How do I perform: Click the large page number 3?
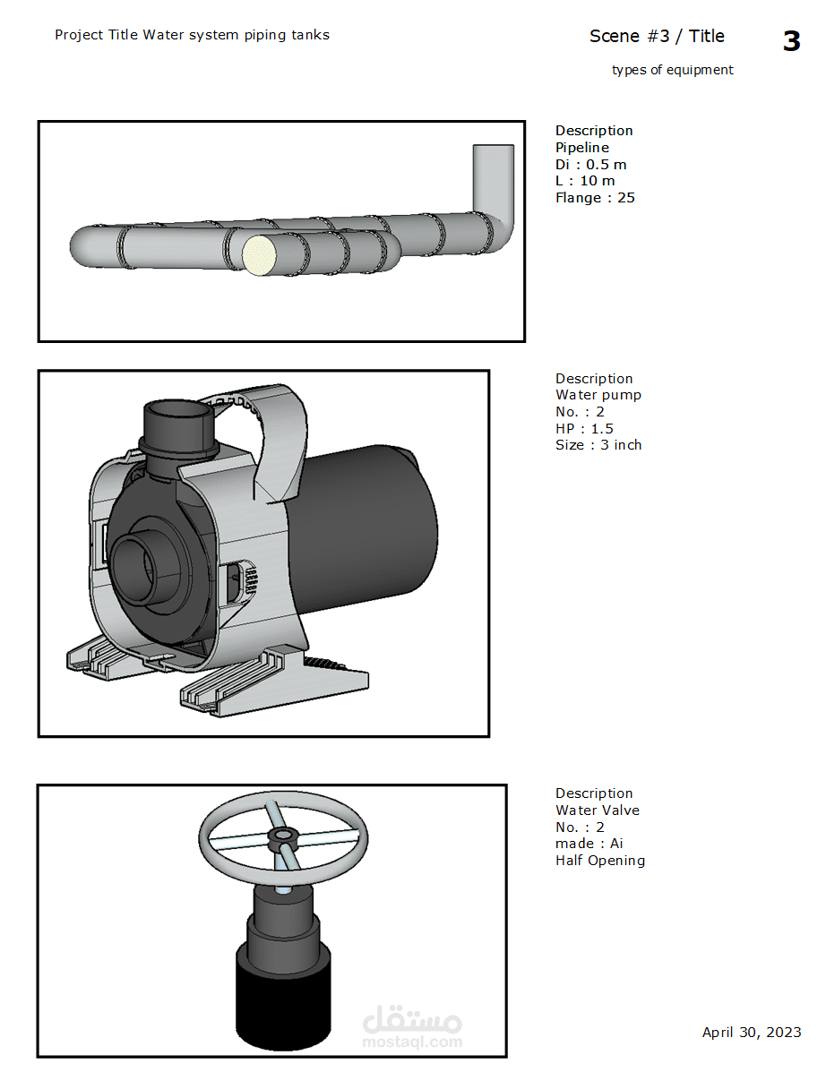pos(791,41)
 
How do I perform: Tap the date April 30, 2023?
pos(752,1033)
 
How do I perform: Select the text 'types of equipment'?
pos(672,70)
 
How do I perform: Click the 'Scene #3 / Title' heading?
pos(657,36)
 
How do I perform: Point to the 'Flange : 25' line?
pos(595,198)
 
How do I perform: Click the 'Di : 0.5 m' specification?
pos(590,164)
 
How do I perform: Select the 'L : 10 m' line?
pos(585,181)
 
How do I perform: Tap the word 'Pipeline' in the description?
pos(582,148)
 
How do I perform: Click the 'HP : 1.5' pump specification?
pos(585,429)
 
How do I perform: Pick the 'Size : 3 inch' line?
pos(598,445)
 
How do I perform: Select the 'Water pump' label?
pos(598,395)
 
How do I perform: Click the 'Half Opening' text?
pos(599,861)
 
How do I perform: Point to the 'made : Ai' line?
pos(589,844)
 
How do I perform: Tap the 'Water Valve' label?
pos(597,810)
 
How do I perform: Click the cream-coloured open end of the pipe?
pos(259,255)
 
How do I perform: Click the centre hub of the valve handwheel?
pos(282,836)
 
